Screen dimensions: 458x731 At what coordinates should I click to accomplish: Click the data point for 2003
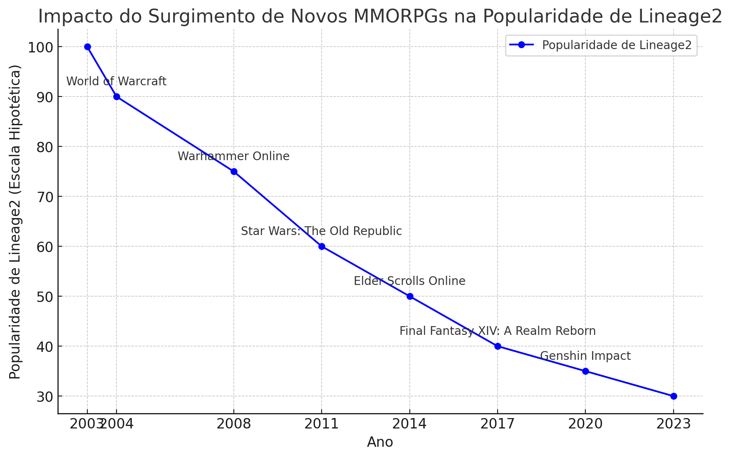(x=87, y=47)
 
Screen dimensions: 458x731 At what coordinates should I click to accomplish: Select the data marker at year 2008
(x=234, y=171)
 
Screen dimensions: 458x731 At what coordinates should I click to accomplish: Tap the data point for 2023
(x=674, y=396)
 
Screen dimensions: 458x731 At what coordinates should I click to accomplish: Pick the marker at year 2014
(x=410, y=296)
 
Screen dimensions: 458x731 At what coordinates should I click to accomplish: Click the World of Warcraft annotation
(x=116, y=82)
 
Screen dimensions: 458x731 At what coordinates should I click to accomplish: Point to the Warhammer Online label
(x=233, y=156)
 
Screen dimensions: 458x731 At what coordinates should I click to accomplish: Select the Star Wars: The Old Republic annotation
(x=321, y=231)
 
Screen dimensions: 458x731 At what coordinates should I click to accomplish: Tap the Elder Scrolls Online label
(x=409, y=281)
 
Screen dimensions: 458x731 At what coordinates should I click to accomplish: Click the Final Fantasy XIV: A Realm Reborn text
(x=497, y=331)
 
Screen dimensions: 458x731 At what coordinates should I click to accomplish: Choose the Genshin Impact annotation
(x=585, y=356)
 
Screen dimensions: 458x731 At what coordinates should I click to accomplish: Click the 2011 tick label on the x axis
(x=322, y=424)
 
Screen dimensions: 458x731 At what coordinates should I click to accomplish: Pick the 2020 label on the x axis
(x=585, y=424)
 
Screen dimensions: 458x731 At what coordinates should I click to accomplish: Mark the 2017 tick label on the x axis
(x=497, y=424)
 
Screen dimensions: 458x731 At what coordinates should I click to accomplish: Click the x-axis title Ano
(x=380, y=442)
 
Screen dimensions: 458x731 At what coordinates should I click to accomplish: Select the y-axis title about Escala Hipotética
(x=15, y=221)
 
